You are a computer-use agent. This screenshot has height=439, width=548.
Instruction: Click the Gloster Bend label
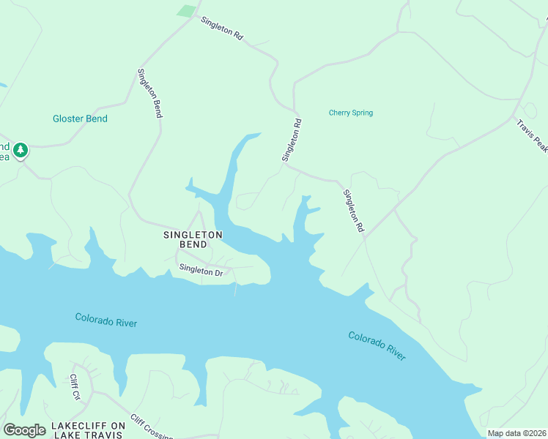[80, 119]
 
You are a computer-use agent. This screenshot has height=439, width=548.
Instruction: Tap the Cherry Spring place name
[350, 113]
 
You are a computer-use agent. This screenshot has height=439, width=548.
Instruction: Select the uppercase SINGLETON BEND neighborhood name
[193, 239]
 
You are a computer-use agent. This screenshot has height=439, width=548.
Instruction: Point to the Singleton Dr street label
[200, 271]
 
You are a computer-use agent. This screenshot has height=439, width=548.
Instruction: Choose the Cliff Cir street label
[75, 387]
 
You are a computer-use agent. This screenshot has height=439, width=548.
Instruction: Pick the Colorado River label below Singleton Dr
[105, 320]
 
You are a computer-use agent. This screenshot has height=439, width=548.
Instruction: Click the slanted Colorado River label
[377, 345]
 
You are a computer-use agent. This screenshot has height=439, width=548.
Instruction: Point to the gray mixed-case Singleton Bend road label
[149, 93]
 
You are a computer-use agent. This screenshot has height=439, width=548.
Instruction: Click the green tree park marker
[21, 150]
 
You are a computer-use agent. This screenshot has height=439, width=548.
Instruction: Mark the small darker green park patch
[188, 11]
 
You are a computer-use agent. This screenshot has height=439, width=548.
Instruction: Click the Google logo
[24, 429]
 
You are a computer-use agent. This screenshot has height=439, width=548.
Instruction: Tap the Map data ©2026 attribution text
[516, 433]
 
